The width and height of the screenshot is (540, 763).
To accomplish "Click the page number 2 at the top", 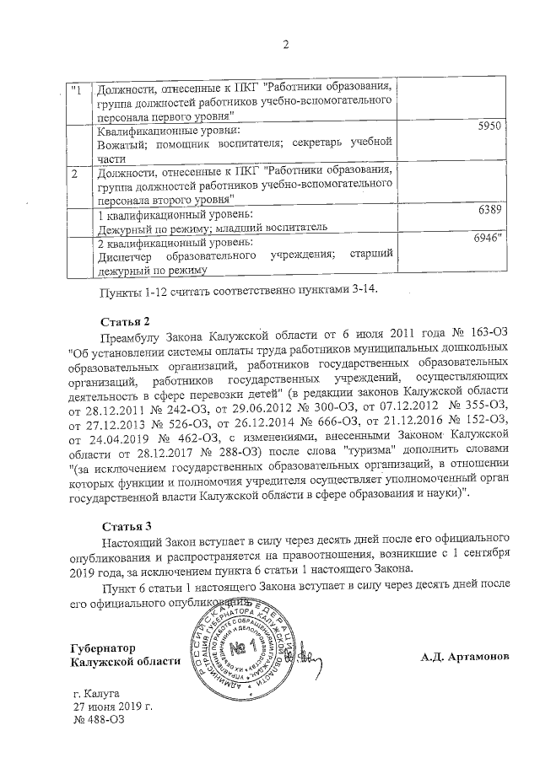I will pos(285,45).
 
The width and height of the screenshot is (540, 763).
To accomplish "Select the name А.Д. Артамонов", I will pos(465,655).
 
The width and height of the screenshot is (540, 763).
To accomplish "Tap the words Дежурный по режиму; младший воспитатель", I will pos(208,227).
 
